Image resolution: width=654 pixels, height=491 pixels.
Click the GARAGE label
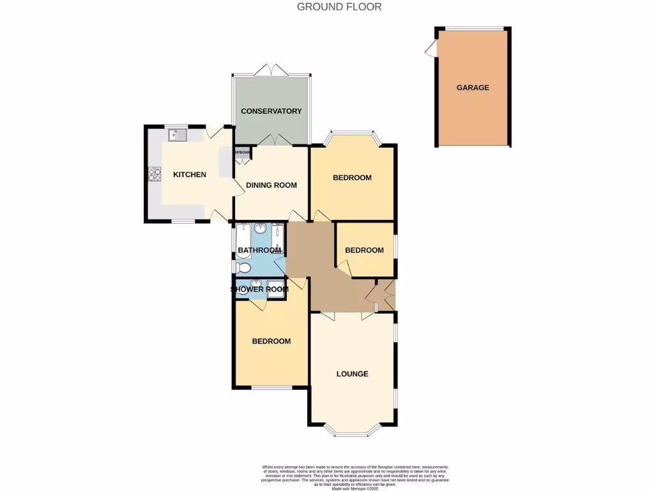[x=473, y=88]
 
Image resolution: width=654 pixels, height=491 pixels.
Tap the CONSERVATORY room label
[x=271, y=111]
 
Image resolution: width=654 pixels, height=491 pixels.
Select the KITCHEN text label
[x=190, y=175]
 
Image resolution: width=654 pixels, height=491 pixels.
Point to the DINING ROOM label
[x=271, y=185]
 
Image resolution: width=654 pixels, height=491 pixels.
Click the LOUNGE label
[x=352, y=374]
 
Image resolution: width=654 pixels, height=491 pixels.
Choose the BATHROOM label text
[x=259, y=251]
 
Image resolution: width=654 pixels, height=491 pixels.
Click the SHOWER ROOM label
[x=259, y=290]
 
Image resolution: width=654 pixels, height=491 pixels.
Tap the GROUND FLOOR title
[x=339, y=7]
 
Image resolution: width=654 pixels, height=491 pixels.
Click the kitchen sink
[x=177, y=135]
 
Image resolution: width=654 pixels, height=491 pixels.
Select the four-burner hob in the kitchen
[x=155, y=174]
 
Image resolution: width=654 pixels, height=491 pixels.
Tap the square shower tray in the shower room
[x=276, y=288]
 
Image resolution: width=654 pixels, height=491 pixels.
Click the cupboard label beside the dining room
[x=243, y=152]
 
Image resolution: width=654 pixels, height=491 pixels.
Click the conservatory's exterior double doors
[x=271, y=70]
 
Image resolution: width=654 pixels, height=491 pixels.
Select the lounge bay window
[x=352, y=432]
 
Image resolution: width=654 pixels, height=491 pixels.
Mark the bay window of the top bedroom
[x=352, y=135]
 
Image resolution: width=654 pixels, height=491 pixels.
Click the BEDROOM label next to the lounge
[x=271, y=341]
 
